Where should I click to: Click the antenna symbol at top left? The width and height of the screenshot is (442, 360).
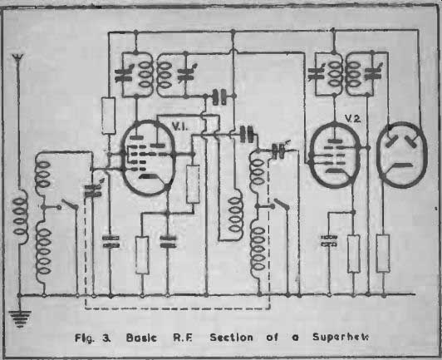coord(18,58)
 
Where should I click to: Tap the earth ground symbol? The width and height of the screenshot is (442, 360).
coord(20,318)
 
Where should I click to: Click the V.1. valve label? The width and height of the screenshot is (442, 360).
coord(179,127)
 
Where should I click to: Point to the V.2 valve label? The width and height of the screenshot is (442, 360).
coord(352,119)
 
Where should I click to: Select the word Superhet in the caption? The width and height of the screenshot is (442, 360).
coord(341,338)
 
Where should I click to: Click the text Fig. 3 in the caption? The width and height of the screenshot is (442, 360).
coord(93,338)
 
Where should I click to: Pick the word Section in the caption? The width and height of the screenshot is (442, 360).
coord(231,338)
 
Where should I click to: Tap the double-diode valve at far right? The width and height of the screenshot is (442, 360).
coord(401,155)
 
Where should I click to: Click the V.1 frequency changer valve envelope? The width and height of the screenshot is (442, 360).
coord(149,158)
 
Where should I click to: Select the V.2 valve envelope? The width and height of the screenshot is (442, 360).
coord(335,155)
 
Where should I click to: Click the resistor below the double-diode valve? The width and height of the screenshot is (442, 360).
coord(383,253)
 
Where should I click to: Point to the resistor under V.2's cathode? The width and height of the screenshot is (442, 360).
coord(354,254)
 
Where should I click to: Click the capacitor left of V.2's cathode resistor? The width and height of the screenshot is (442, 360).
coord(329,241)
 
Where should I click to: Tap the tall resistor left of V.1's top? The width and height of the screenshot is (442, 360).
coord(109,116)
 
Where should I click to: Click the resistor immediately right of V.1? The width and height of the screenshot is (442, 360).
coord(194,184)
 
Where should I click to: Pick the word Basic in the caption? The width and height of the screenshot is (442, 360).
coord(141,338)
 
